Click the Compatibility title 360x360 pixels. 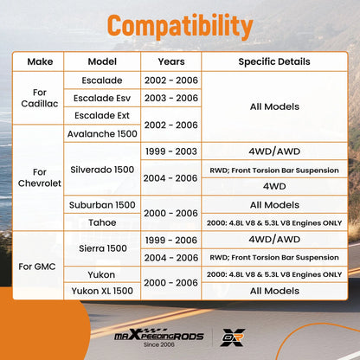point(180,26)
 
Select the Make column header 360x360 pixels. point(40,61)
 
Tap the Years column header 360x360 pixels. point(171,61)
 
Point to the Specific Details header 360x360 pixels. point(274,61)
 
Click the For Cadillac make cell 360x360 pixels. point(40,98)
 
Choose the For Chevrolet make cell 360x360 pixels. point(40,177)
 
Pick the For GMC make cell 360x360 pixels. point(37,267)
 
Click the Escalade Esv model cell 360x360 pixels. point(102,98)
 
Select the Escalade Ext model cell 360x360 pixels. point(102,115)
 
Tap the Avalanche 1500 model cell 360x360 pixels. point(102,134)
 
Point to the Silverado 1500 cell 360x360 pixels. point(102,170)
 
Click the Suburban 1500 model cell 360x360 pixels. point(102,205)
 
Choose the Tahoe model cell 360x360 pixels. point(102,222)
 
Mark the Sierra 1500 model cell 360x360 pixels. point(103,248)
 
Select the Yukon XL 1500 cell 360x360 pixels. point(102,291)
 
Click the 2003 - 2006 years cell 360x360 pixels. point(171,98)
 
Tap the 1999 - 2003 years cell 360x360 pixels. point(171,151)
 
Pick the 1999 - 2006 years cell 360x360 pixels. point(171,240)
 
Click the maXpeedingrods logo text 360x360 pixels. point(159,337)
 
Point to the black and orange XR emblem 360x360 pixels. point(233,337)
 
